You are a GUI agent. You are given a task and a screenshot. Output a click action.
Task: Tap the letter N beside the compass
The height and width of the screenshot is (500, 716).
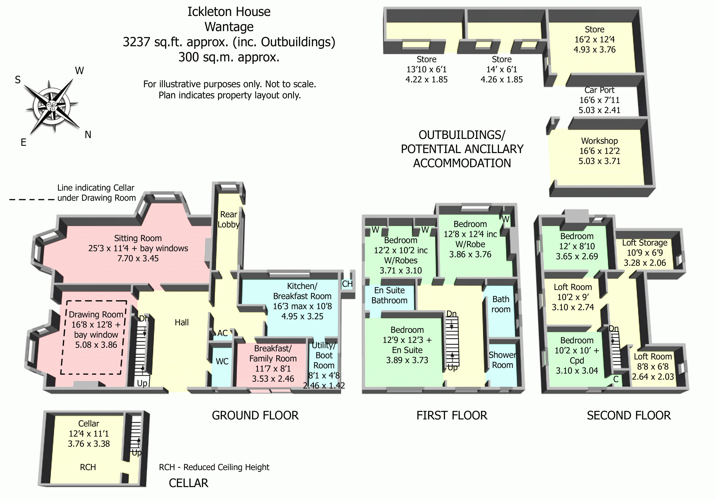click(x=88, y=135)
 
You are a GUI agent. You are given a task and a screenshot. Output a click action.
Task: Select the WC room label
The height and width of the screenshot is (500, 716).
click(x=222, y=361)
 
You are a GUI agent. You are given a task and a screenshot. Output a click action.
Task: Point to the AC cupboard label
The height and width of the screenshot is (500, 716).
click(x=222, y=333)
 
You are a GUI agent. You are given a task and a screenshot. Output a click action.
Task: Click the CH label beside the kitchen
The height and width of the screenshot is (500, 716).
click(x=347, y=284)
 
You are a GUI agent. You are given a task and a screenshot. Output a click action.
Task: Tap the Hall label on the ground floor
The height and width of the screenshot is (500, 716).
click(x=181, y=322)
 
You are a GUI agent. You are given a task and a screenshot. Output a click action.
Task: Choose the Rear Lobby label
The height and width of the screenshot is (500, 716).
click(x=229, y=219)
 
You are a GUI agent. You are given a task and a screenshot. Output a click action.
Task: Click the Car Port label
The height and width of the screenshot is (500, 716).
click(x=599, y=90)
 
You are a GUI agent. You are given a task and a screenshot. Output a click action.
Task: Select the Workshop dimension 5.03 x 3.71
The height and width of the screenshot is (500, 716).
click(x=599, y=161)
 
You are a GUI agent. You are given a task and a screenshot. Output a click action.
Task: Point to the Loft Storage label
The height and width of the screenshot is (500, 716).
click(x=645, y=243)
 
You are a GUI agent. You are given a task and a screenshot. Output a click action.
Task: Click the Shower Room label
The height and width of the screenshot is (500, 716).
click(x=502, y=360)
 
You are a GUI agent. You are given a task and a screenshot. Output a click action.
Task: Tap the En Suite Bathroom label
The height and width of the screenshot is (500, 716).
click(x=389, y=295)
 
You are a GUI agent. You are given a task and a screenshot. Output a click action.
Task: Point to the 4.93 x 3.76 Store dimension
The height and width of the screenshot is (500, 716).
click(x=594, y=49)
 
